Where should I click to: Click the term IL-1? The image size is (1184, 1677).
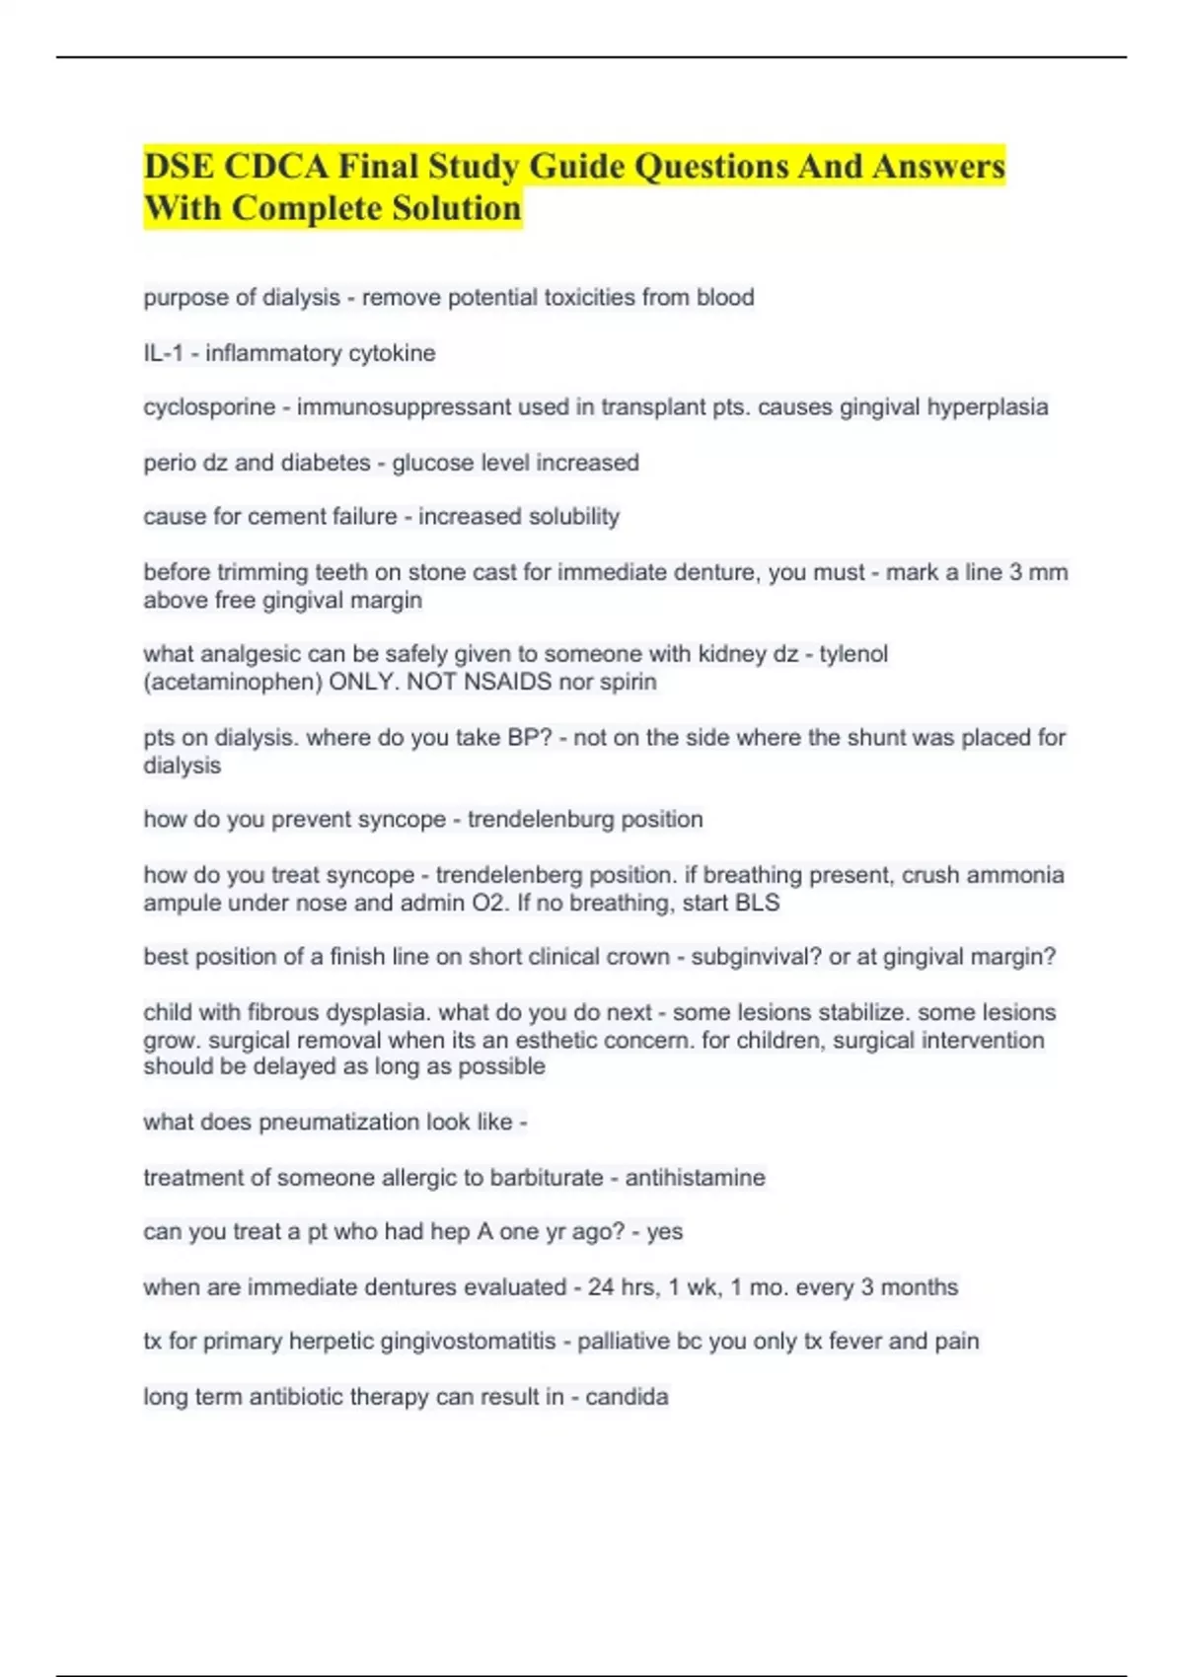(x=163, y=353)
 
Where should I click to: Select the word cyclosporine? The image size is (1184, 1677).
(x=209, y=407)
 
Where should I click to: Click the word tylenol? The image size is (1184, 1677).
(x=853, y=654)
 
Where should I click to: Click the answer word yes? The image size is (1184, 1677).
(x=665, y=1232)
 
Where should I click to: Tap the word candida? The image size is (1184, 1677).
(x=627, y=1397)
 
